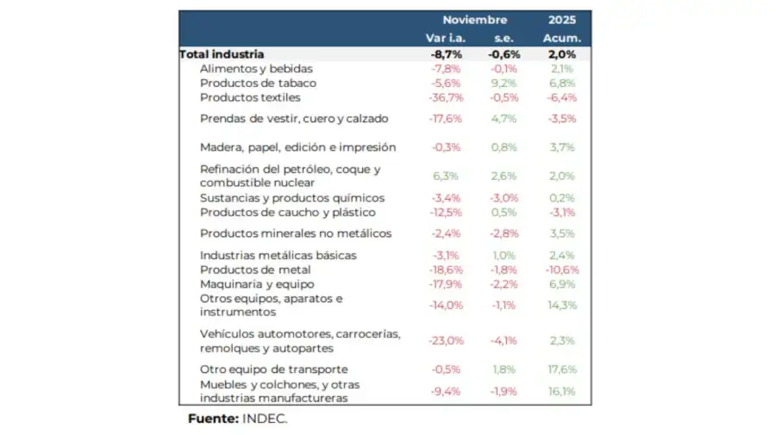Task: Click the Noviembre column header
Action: (475, 20)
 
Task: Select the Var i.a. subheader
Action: (446, 38)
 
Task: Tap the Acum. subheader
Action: (561, 38)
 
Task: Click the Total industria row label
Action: (222, 53)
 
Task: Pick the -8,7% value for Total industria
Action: (446, 53)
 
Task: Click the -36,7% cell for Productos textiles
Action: (446, 97)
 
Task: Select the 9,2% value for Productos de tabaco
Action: (504, 83)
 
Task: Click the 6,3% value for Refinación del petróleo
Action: (446, 176)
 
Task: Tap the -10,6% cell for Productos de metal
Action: (561, 270)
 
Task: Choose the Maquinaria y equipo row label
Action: (257, 283)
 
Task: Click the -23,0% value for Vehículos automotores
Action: (446, 340)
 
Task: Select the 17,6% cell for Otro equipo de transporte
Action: (561, 370)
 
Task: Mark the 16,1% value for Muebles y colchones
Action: (561, 391)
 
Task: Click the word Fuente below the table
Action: (213, 419)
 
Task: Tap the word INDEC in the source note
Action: (263, 419)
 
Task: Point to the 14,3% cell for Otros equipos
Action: (561, 305)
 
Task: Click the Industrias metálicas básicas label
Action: (278, 255)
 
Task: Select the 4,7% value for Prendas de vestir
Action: (504, 119)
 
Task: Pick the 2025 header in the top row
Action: (561, 20)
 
